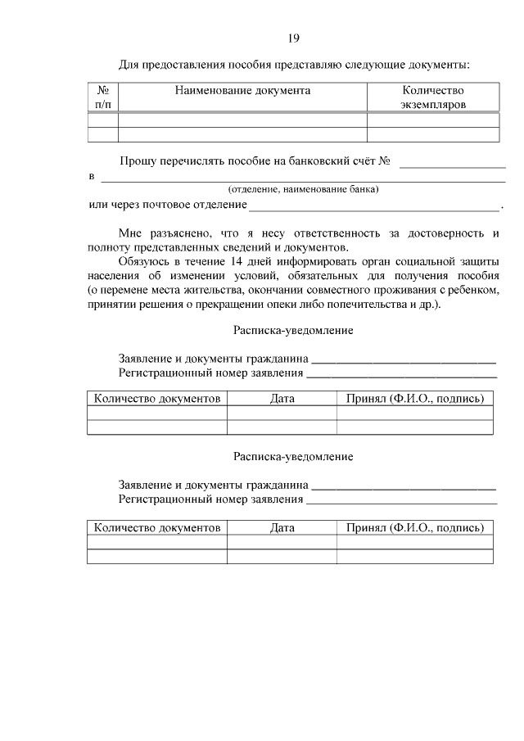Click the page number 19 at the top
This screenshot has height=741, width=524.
point(293,38)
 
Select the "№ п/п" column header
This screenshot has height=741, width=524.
point(103,97)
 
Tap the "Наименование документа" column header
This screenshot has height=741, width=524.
point(242,90)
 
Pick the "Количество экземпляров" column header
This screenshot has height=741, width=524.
point(433,97)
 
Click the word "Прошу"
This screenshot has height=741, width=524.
point(137,161)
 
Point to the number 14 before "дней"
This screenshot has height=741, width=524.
point(227,261)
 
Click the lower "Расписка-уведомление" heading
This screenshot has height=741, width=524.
point(292,456)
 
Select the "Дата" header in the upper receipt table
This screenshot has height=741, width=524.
point(282,399)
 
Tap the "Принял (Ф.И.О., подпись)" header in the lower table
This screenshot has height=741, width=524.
point(414,528)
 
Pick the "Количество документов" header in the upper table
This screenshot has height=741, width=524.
point(157,399)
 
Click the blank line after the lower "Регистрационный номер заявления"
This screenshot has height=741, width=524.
point(401,501)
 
